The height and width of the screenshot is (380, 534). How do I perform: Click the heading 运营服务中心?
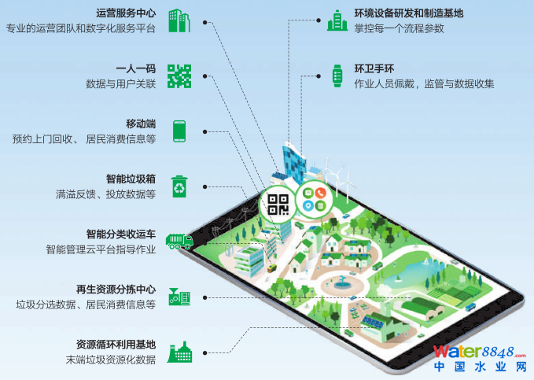click(x=126, y=14)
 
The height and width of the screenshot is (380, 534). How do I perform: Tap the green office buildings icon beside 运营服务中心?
click(x=180, y=21)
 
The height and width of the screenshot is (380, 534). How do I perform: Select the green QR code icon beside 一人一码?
click(x=179, y=76)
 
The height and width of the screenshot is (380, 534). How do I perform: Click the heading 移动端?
click(x=141, y=124)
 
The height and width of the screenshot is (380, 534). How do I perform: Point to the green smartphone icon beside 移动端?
click(x=179, y=131)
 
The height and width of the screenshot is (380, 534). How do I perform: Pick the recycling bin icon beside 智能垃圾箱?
click(x=180, y=186)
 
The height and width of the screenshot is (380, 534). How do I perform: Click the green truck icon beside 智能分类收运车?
click(x=180, y=241)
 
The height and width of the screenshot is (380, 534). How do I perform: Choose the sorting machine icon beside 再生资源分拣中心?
click(x=179, y=297)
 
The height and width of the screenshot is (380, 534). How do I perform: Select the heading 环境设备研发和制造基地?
click(x=409, y=13)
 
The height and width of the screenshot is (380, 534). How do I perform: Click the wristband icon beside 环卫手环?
click(x=337, y=76)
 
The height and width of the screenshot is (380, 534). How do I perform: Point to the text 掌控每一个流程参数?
click(x=400, y=28)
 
